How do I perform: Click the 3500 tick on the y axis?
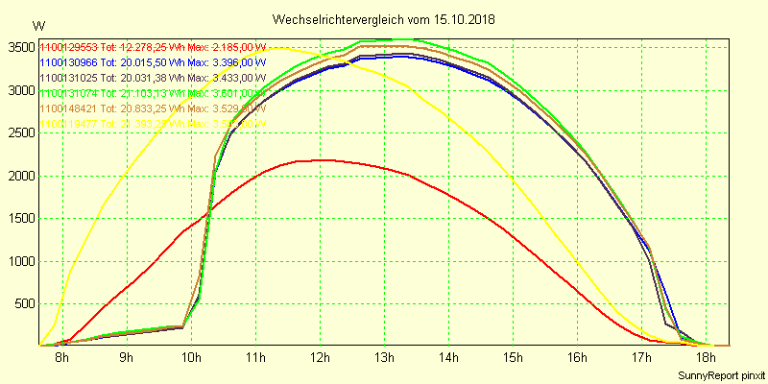tap(18, 47)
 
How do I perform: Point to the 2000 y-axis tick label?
tap(18, 175)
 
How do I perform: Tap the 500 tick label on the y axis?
tap(21, 303)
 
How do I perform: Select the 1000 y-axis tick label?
tap(18, 260)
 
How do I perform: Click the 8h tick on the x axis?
tap(62, 358)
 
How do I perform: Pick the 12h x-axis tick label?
tap(320, 358)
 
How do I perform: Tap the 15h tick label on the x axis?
tap(513, 358)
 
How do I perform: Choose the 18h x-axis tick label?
tap(706, 358)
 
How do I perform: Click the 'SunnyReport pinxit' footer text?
tap(722, 374)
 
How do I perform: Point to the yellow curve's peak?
tap(278, 47)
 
